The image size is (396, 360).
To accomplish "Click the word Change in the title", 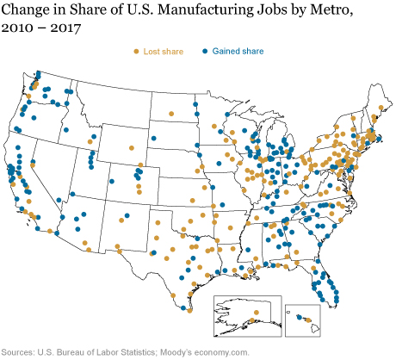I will click(x=32, y=11).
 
